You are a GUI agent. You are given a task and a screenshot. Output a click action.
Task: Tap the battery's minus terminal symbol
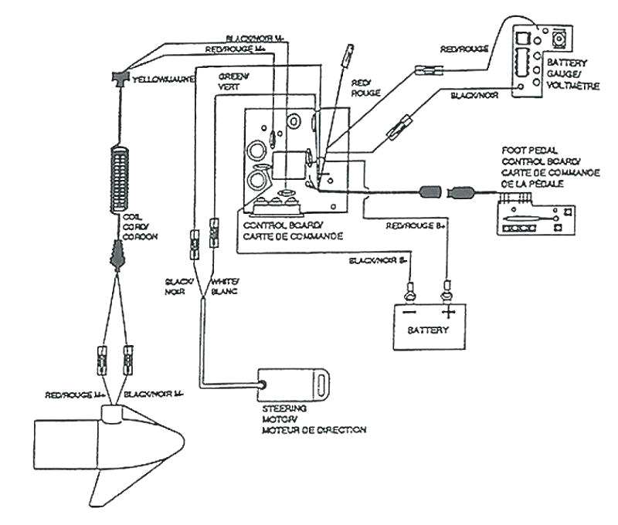[408, 313]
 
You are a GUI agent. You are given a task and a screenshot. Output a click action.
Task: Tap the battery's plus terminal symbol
[447, 313]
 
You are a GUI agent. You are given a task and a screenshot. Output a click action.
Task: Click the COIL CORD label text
[140, 229]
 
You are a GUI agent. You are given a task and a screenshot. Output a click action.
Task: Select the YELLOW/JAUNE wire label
[161, 78]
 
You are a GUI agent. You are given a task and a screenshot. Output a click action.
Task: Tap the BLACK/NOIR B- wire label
[379, 261]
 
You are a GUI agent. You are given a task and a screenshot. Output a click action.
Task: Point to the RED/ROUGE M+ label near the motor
[75, 395]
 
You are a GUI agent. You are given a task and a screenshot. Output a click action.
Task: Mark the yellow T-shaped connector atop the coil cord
[119, 78]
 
